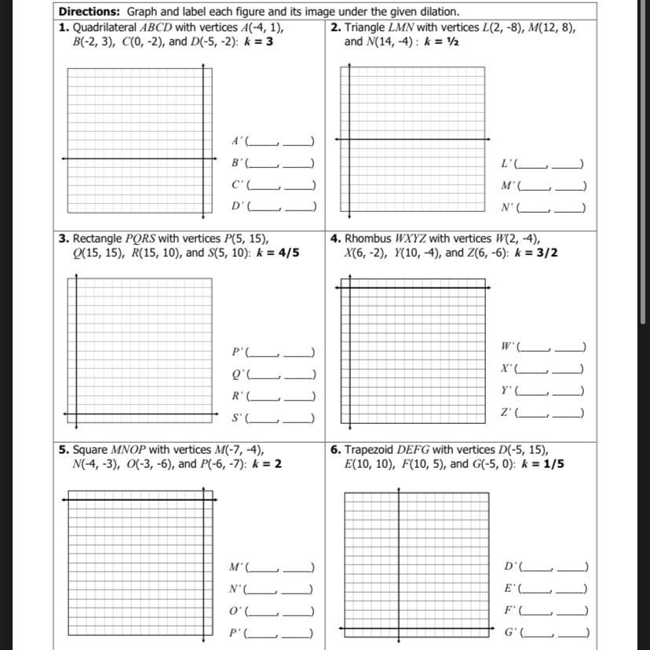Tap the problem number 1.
63,27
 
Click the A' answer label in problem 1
237,141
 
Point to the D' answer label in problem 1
237,206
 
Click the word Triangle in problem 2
367,27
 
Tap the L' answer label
507,164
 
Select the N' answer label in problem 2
508,208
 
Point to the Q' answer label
238,374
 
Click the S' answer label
237,418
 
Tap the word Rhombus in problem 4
368,239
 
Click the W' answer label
508,347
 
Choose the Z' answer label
507,413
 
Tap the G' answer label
510,632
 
